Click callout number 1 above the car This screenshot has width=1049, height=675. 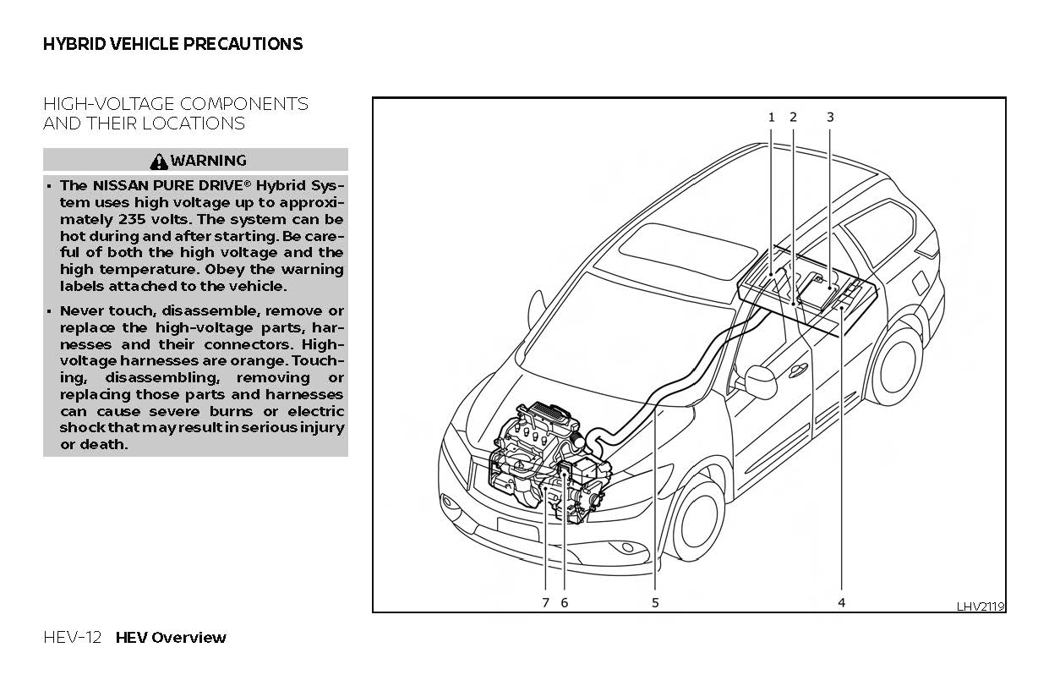click(771, 118)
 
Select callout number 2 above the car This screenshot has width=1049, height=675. click(793, 118)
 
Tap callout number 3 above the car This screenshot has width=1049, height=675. click(830, 118)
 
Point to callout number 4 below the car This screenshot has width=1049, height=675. click(842, 602)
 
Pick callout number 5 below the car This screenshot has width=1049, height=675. click(655, 602)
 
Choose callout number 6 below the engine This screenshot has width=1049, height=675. click(565, 602)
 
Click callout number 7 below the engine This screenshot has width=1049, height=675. click(545, 602)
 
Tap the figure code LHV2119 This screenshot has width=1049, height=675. click(981, 606)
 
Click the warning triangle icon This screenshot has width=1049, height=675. click(159, 161)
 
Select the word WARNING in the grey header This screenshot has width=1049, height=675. click(208, 161)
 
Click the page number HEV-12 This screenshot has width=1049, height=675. click(72, 638)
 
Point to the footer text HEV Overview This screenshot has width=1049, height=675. click(171, 638)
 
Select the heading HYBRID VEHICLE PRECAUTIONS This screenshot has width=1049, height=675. click(172, 44)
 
